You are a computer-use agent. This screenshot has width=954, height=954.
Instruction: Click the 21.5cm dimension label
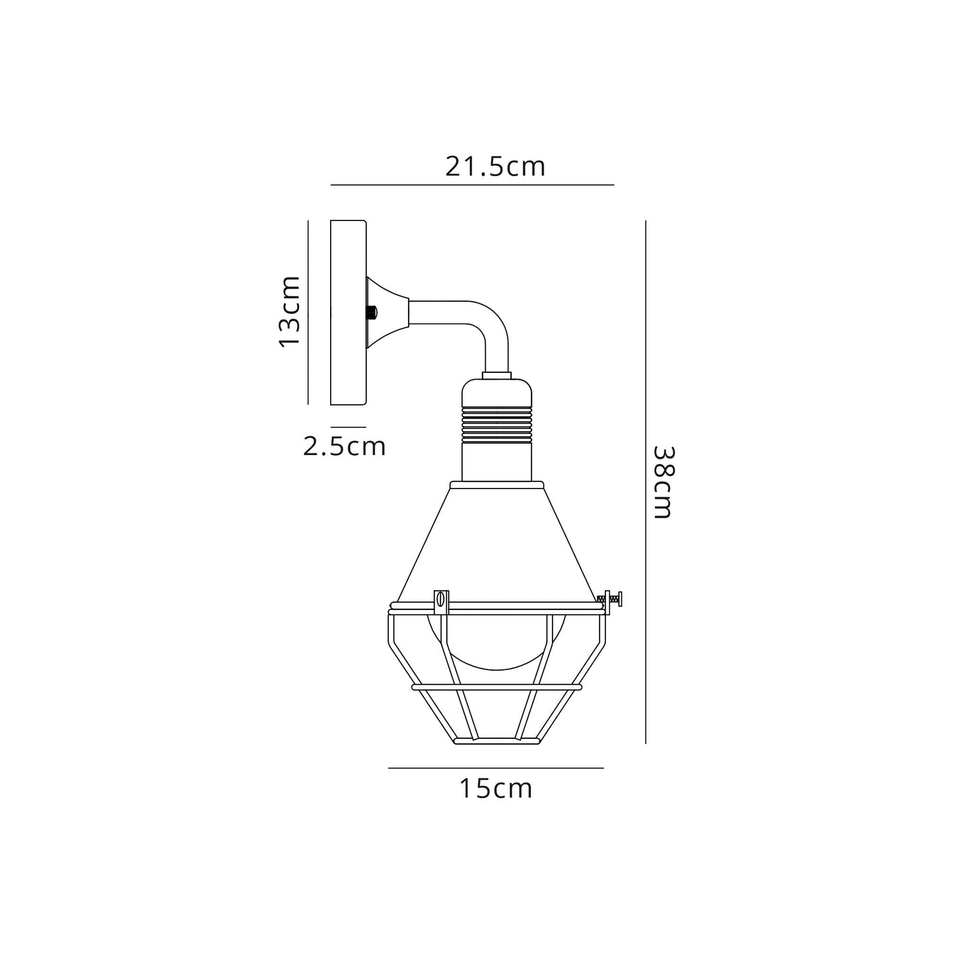click(x=495, y=166)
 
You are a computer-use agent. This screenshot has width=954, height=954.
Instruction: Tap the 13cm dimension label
click(x=290, y=311)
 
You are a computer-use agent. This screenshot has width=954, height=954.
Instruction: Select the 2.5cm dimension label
click(x=344, y=447)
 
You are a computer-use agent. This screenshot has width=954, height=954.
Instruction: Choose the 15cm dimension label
click(x=496, y=789)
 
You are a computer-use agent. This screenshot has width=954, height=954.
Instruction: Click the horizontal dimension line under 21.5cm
click(x=472, y=185)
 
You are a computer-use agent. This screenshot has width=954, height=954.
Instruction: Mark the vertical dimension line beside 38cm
click(x=645, y=482)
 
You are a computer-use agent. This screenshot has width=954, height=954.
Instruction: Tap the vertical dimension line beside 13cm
click(x=308, y=311)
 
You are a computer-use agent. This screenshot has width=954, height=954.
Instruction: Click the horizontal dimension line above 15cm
click(x=496, y=768)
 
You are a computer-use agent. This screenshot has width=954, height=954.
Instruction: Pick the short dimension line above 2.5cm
click(x=348, y=427)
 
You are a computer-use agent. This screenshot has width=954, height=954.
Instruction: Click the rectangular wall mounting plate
click(x=348, y=312)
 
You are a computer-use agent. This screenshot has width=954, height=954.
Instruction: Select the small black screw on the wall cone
click(x=372, y=312)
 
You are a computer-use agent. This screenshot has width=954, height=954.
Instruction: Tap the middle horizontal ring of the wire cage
click(x=496, y=687)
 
